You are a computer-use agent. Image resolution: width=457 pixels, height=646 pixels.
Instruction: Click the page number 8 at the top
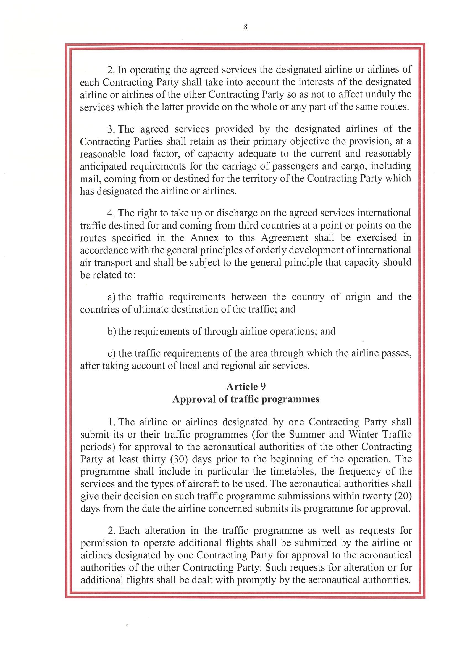click(246, 27)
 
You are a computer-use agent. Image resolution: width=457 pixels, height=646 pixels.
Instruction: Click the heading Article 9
click(246, 386)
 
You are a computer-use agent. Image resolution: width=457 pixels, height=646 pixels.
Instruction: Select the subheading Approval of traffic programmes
click(246, 399)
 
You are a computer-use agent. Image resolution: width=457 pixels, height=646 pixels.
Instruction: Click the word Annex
click(204, 238)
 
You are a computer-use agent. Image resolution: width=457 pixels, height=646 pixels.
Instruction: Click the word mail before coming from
click(88, 179)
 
